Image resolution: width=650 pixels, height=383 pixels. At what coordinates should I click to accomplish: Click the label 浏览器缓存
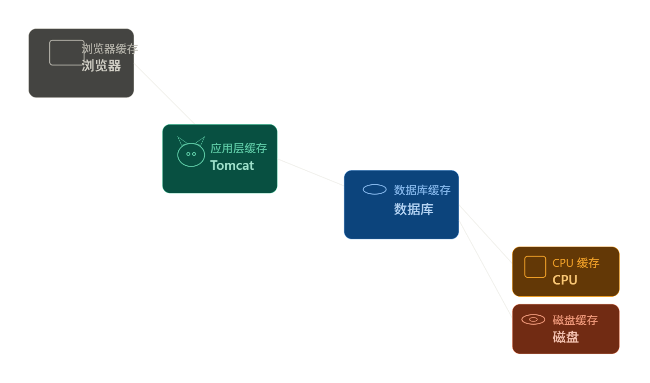[110, 49]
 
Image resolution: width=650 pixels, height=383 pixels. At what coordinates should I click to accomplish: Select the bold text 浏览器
[101, 66]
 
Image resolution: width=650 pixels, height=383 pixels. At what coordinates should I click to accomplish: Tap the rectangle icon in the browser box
[66, 52]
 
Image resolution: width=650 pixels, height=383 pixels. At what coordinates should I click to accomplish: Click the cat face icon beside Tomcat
[191, 154]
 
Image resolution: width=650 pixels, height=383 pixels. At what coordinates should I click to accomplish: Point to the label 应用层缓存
[238, 148]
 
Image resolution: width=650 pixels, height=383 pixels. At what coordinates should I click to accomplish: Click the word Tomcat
[232, 165]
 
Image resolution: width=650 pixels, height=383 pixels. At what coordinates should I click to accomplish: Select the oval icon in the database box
[375, 190]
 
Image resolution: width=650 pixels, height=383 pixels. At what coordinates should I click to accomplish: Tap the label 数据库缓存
[422, 190]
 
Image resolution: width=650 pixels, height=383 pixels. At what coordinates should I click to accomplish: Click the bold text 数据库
[413, 209]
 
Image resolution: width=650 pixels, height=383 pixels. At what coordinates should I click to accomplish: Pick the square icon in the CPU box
[535, 267]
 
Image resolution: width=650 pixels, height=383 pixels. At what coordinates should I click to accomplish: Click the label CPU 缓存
[576, 263]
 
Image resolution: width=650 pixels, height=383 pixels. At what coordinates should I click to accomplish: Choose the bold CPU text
[565, 280]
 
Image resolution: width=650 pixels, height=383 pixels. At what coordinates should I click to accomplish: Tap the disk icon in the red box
[533, 320]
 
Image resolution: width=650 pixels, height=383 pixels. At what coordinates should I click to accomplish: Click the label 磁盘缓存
[575, 320]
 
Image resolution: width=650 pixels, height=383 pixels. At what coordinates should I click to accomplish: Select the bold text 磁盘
[565, 337]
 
